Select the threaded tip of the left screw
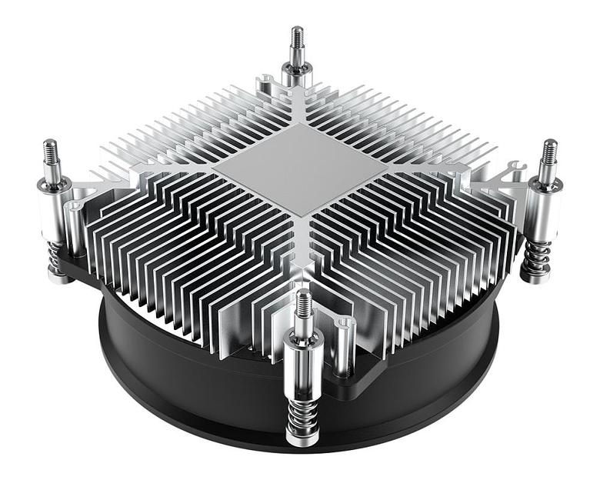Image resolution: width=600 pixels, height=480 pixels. tap(51, 152)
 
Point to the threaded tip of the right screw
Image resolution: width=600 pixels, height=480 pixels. tap(549, 152)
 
